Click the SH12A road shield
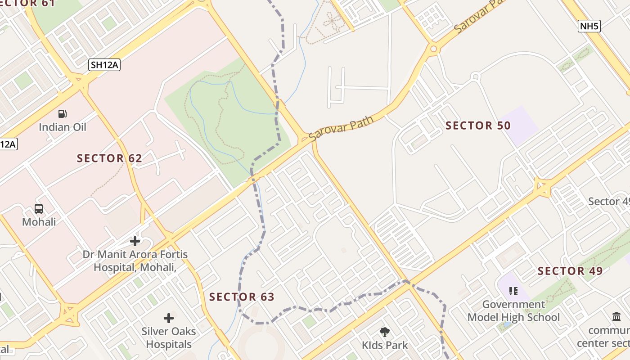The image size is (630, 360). click(104, 65)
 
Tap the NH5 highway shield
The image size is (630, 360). click(589, 26)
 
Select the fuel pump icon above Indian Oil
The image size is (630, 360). click(63, 114)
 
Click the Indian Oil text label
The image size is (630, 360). click(63, 127)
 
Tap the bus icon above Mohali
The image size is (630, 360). click(39, 209)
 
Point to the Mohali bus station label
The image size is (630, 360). click(39, 222)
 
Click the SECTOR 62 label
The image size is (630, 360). click(109, 158)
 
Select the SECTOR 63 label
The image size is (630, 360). click(242, 297)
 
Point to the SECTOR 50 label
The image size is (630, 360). click(478, 126)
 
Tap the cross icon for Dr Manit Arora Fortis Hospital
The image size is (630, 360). click(135, 241)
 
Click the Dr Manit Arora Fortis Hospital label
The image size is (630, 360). click(135, 261)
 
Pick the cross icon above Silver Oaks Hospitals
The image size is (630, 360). click(169, 318)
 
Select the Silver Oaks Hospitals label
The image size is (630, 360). click(169, 338)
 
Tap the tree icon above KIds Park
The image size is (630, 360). click(385, 332)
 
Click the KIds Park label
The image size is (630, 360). click(385, 345)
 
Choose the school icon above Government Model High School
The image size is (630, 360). click(513, 291)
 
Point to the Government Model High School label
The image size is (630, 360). click(513, 310)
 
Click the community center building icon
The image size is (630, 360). click(616, 317)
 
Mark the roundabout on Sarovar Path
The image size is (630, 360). click(433, 48)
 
